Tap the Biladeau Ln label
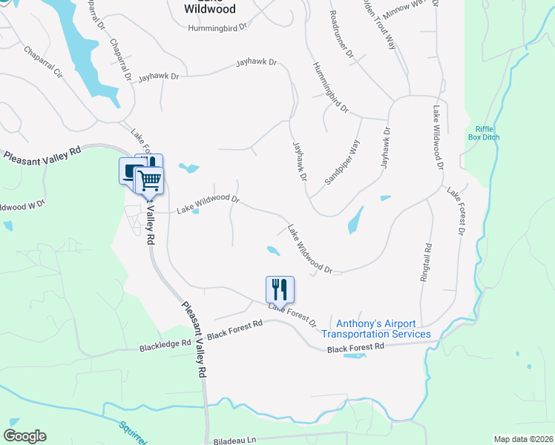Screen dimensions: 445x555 pyautogui.click(x=234, y=439)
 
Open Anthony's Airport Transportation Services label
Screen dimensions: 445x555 pyautogui.click(x=384, y=329)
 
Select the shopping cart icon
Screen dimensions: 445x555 pyautogui.click(x=149, y=179)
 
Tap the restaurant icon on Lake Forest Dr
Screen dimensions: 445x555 pyautogui.click(x=280, y=289)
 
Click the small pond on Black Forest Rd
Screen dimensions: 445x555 pyautogui.click(x=355, y=355)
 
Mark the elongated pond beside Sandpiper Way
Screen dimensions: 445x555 pyautogui.click(x=356, y=220)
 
